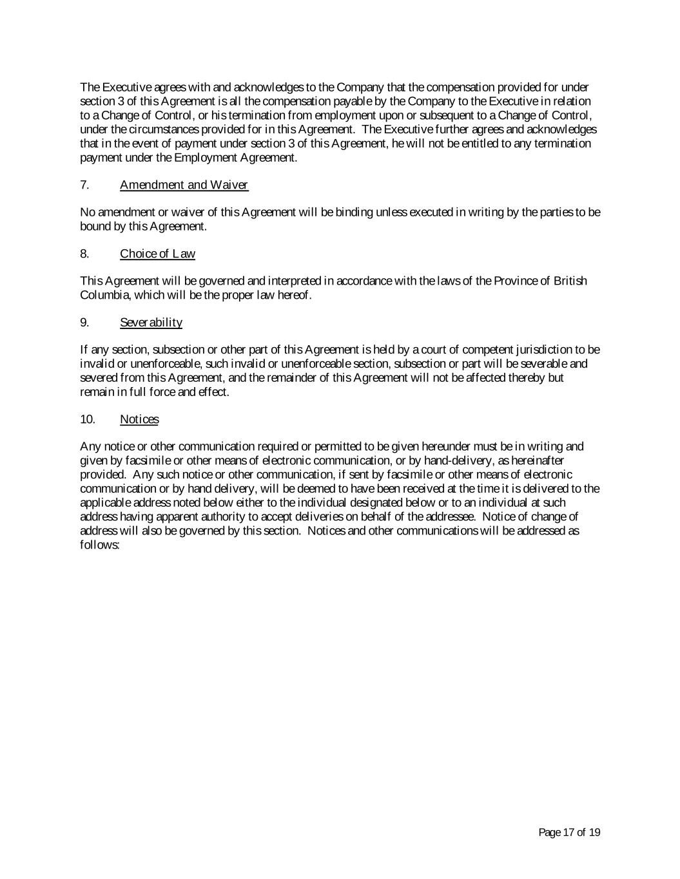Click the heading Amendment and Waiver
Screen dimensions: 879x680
pos(184,185)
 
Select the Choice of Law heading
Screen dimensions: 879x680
pos(157,254)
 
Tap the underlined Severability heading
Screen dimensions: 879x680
pos(151,323)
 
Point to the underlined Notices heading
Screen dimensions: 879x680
pos(139,420)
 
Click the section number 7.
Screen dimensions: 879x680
pos(84,185)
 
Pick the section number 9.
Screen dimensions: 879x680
pos(84,323)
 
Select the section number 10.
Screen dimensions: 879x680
pos(88,420)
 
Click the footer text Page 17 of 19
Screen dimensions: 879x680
pos(569,833)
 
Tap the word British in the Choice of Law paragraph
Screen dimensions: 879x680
pos(570,281)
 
